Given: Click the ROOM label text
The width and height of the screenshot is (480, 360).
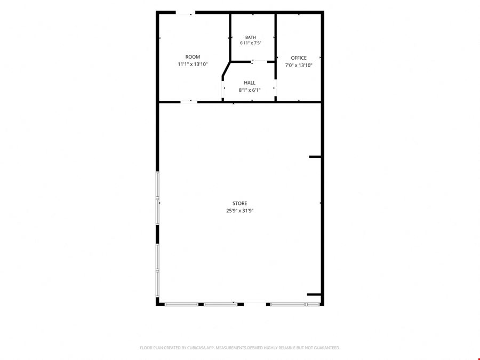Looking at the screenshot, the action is click(193, 57).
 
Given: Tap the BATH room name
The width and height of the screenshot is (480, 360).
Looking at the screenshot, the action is click(251, 37).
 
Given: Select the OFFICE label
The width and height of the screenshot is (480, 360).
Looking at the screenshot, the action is click(299, 58).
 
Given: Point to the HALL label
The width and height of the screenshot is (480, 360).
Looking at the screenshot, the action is click(250, 83).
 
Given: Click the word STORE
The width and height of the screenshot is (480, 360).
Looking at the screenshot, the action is click(239, 203).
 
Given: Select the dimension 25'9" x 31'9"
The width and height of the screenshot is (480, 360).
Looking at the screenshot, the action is click(239, 211).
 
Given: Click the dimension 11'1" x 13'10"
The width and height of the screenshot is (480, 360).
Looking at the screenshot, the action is click(193, 65).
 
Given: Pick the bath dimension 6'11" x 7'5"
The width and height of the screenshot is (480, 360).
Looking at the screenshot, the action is click(251, 43).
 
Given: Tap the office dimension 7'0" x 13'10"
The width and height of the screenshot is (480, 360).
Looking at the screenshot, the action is click(299, 65).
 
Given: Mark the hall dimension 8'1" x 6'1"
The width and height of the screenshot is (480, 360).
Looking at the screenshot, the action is click(250, 90).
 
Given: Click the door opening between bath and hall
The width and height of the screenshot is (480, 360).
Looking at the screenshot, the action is click(259, 62).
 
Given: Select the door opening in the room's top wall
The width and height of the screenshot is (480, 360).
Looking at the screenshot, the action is click(186, 13).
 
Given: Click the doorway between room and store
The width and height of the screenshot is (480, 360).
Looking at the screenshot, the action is click(189, 102).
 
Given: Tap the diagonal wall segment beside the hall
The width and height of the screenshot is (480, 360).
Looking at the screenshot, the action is click(226, 69).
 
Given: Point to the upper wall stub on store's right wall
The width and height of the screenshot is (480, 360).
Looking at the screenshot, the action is click(315, 157).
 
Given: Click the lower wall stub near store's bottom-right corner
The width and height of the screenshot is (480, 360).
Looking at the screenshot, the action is click(314, 294).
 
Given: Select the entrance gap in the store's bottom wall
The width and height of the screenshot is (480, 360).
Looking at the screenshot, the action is click(255, 305).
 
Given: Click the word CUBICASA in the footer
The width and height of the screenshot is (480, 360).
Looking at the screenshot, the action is click(196, 348).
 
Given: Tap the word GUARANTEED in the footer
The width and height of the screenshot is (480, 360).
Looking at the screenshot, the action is click(329, 348).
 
